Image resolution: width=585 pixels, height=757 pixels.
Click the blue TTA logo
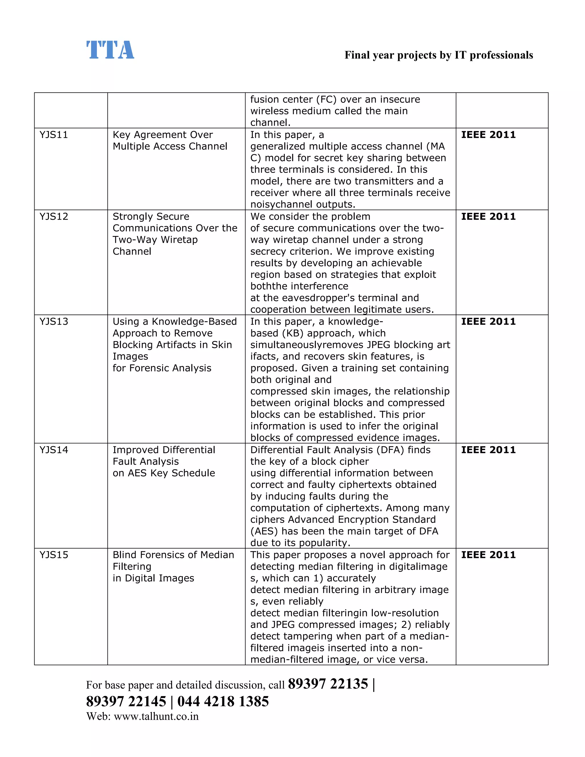pyautogui.click(x=110, y=50)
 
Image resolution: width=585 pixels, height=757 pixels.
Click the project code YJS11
pyautogui.click(x=54, y=135)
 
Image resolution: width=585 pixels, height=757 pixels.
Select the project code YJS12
pyautogui.click(x=54, y=217)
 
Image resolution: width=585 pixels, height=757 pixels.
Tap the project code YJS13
pyautogui.click(x=54, y=322)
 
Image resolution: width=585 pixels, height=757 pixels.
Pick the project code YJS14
pyautogui.click(x=54, y=450)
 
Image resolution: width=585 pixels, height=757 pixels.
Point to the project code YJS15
pyautogui.click(x=54, y=555)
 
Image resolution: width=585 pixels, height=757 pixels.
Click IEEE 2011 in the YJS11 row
pyautogui.click(x=488, y=135)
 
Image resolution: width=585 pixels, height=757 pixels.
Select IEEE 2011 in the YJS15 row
pyautogui.click(x=488, y=555)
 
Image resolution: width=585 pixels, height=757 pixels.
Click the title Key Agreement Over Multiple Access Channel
pyautogui.click(x=170, y=140)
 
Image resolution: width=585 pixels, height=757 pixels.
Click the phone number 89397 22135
pyautogui.click(x=328, y=684)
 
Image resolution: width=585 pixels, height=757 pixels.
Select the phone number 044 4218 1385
pyautogui.click(x=223, y=702)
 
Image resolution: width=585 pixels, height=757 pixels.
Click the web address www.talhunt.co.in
pyautogui.click(x=156, y=716)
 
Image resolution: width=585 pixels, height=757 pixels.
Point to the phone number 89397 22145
pyautogui.click(x=126, y=702)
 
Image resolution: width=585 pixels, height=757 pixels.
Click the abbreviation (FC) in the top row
pyautogui.click(x=326, y=99)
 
